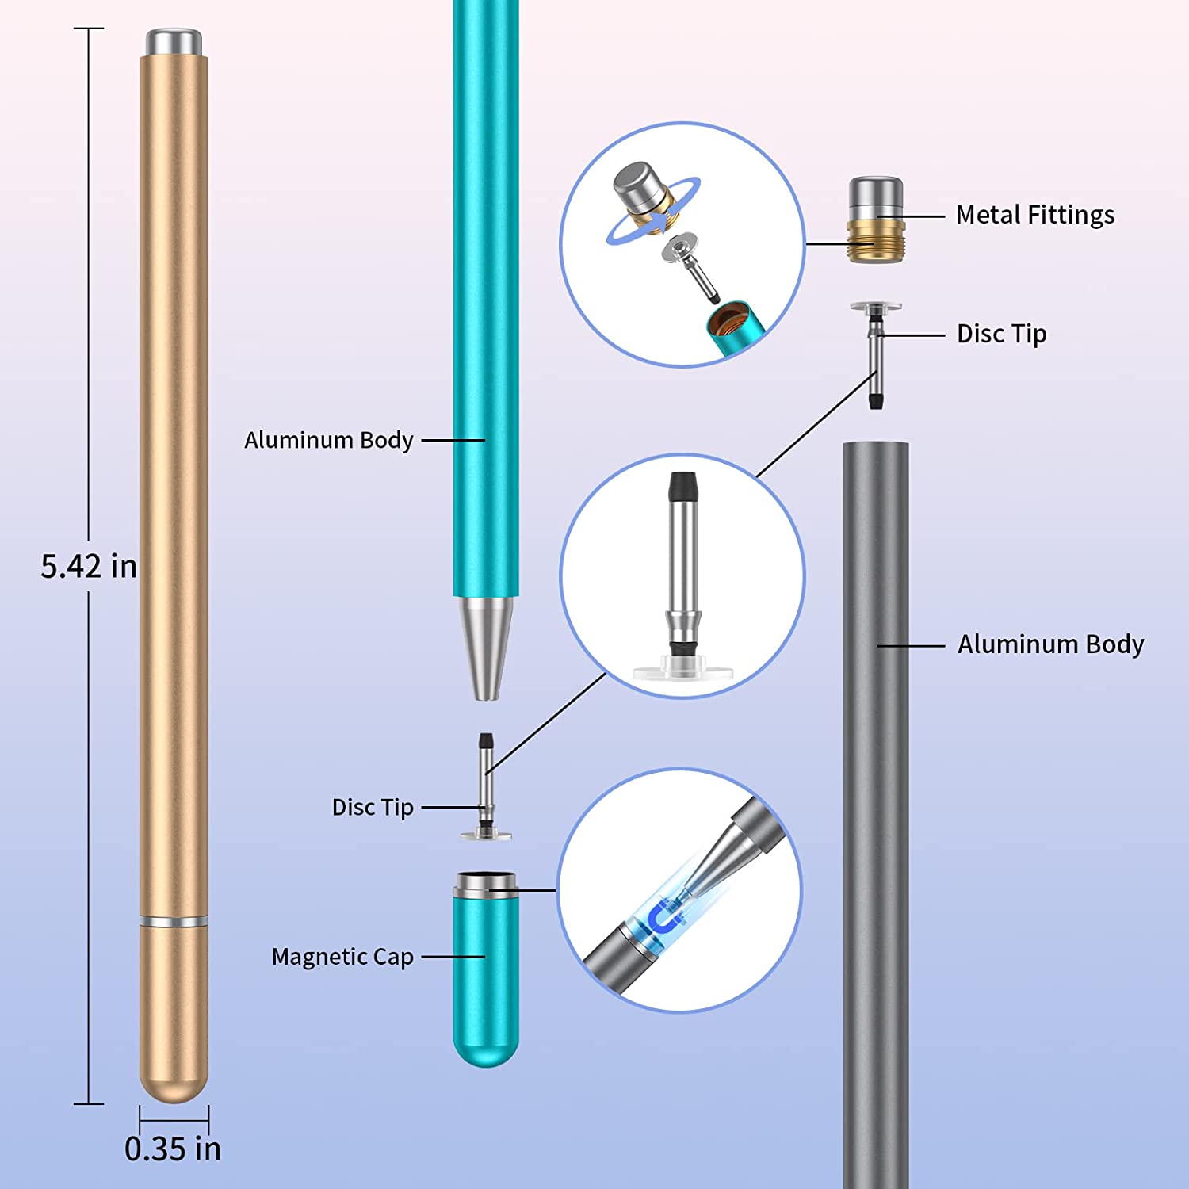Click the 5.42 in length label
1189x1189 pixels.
(x=89, y=567)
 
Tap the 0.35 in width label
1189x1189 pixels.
(x=173, y=1149)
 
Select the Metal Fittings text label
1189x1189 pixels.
(x=1034, y=215)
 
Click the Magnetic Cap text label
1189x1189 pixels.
(x=342, y=957)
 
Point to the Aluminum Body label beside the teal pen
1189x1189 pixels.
(x=329, y=440)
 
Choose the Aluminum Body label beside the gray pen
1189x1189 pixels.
(x=1050, y=644)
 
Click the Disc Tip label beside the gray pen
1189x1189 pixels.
(x=1001, y=334)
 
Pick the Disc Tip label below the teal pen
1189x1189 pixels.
(x=373, y=808)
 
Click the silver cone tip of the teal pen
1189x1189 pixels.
(x=486, y=646)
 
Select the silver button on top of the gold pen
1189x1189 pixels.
(x=174, y=41)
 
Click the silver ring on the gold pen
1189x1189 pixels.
(x=174, y=921)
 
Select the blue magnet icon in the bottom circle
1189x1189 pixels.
(x=664, y=918)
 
